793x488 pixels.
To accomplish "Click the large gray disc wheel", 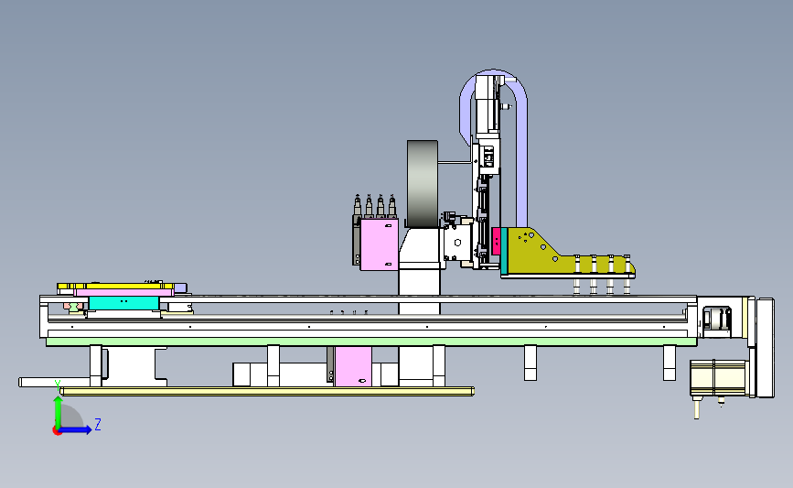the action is pyautogui.click(x=423, y=184).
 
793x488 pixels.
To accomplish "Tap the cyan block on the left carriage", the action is pyautogui.click(x=123, y=303).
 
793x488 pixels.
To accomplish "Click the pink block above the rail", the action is pyautogui.click(x=379, y=244).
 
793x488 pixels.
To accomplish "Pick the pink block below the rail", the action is pyautogui.click(x=353, y=366).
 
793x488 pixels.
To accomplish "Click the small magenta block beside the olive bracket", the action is pyautogui.click(x=496, y=241).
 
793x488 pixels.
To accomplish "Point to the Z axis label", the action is pyautogui.click(x=98, y=424).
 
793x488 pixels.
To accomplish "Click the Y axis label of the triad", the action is pyautogui.click(x=58, y=385).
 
